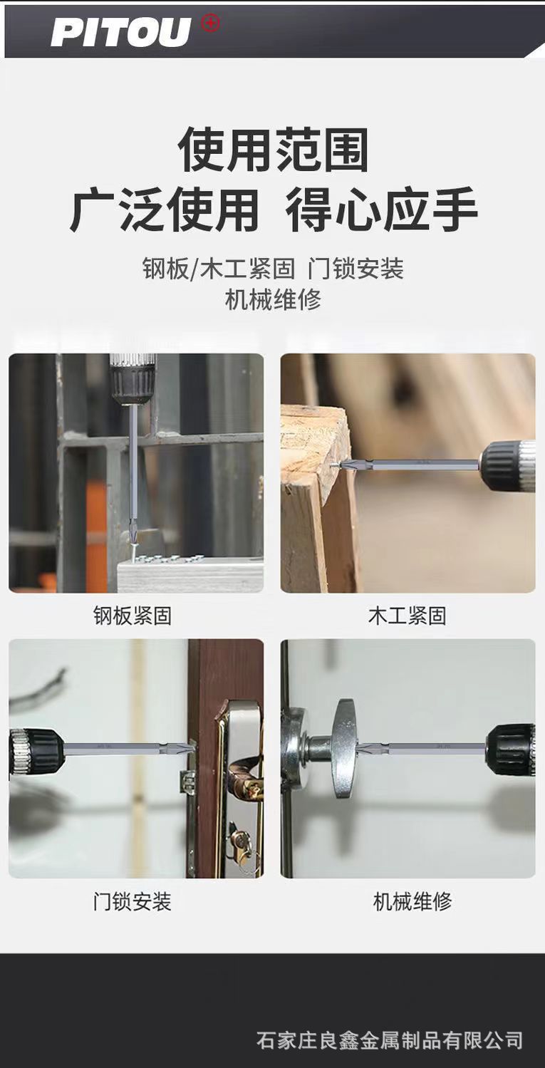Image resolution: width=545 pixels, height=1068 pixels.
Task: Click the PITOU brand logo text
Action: (x=121, y=33)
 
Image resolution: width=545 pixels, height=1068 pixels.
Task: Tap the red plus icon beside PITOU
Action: (x=211, y=23)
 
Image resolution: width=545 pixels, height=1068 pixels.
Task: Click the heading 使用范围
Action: (x=273, y=150)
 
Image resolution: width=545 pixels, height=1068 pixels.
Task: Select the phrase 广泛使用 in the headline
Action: (x=165, y=209)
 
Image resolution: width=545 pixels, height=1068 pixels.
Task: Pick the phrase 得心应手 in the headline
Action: (x=381, y=209)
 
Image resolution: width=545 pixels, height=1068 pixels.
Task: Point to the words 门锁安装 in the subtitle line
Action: (x=356, y=269)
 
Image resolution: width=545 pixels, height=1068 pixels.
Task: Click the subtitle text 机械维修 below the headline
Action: (x=273, y=299)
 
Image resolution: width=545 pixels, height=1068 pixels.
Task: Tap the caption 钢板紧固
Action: (x=133, y=616)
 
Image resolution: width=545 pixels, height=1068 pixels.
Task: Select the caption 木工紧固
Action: (x=407, y=616)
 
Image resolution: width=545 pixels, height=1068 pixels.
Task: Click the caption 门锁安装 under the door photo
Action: (x=133, y=902)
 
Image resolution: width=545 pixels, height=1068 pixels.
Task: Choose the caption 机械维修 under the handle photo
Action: (x=412, y=902)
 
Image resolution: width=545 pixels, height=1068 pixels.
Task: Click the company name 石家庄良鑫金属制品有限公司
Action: (x=390, y=1040)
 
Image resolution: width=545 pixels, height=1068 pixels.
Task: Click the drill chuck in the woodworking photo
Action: (x=507, y=466)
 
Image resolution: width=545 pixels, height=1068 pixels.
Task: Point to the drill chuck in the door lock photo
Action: (x=36, y=750)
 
